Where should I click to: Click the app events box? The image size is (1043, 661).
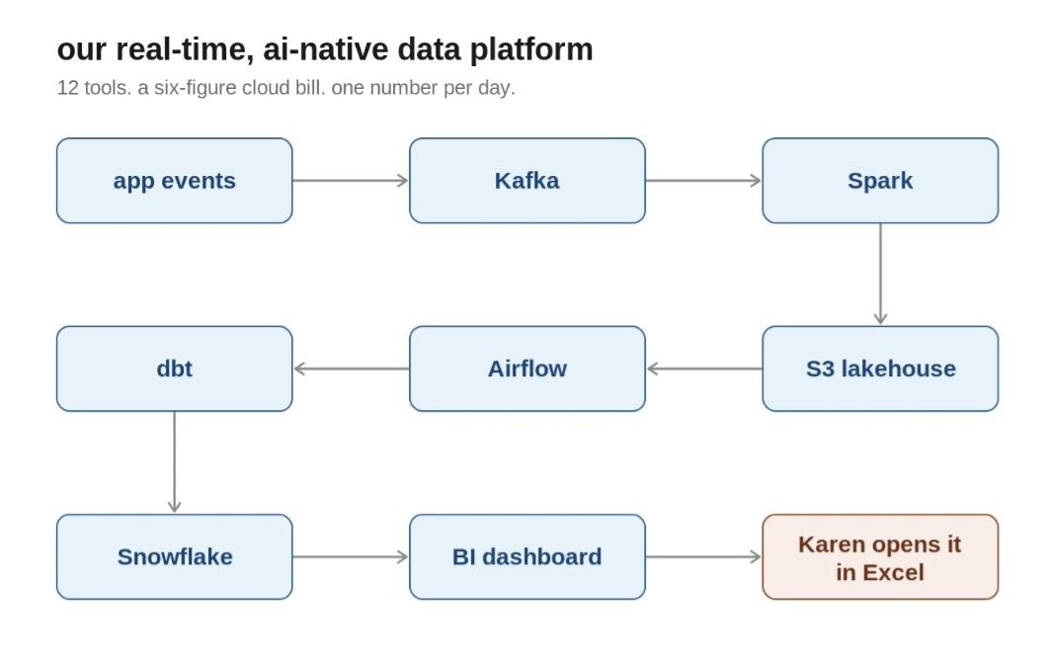click(174, 181)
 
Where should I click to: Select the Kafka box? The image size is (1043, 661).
click(526, 181)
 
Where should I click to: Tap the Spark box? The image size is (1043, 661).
click(880, 181)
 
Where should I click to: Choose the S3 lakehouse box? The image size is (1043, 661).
click(880, 369)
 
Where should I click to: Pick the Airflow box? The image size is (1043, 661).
click(526, 369)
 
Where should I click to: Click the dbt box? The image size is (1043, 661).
click(174, 369)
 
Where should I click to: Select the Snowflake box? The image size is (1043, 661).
click(174, 556)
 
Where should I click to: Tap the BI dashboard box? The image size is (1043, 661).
click(526, 556)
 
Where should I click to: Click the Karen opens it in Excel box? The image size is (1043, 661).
click(880, 556)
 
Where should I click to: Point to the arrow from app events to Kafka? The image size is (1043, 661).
click(351, 181)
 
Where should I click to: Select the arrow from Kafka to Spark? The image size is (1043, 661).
click(704, 181)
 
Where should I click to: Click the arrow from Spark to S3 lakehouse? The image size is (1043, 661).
click(880, 275)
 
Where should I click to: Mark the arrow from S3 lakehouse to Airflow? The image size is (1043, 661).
click(704, 369)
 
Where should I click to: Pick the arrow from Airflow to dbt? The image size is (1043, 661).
click(351, 369)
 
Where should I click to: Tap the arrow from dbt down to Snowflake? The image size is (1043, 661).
click(174, 462)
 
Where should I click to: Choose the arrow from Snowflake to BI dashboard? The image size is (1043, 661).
click(351, 556)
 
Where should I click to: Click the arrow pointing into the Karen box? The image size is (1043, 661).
click(704, 556)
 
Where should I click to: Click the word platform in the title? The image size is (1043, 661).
click(530, 50)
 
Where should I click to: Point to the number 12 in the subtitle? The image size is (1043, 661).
click(68, 88)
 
